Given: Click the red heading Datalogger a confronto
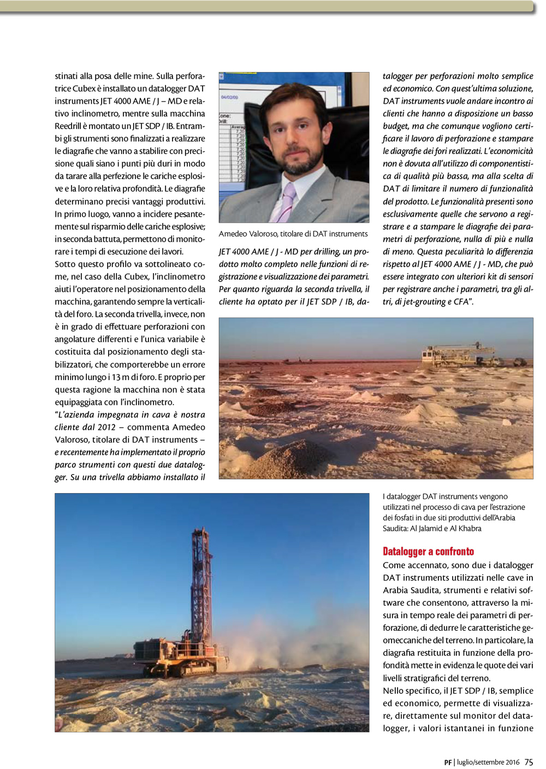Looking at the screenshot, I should point(428,551).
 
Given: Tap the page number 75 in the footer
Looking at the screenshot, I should point(529,762).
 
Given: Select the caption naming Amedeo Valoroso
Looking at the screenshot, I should point(293,234).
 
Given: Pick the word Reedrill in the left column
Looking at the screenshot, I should point(68,126).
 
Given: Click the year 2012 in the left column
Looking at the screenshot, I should point(106,427).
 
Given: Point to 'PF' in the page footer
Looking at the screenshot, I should point(448,762).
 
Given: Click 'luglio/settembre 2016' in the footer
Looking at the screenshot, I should point(488,762).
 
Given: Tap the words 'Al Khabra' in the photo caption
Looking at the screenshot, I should point(466,528).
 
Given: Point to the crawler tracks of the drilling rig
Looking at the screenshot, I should point(186,667).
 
